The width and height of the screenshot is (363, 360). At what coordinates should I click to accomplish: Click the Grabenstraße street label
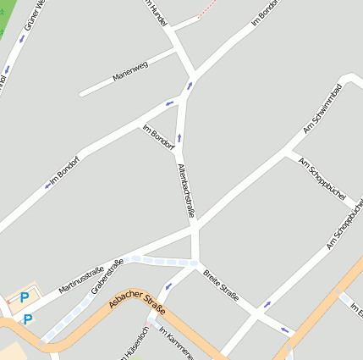107,275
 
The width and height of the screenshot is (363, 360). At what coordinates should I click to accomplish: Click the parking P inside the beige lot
25,297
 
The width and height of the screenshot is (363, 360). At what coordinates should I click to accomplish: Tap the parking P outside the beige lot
28,319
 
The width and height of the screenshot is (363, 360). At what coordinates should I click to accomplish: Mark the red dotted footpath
212,8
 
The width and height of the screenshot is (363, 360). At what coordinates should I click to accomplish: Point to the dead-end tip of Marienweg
81,93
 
